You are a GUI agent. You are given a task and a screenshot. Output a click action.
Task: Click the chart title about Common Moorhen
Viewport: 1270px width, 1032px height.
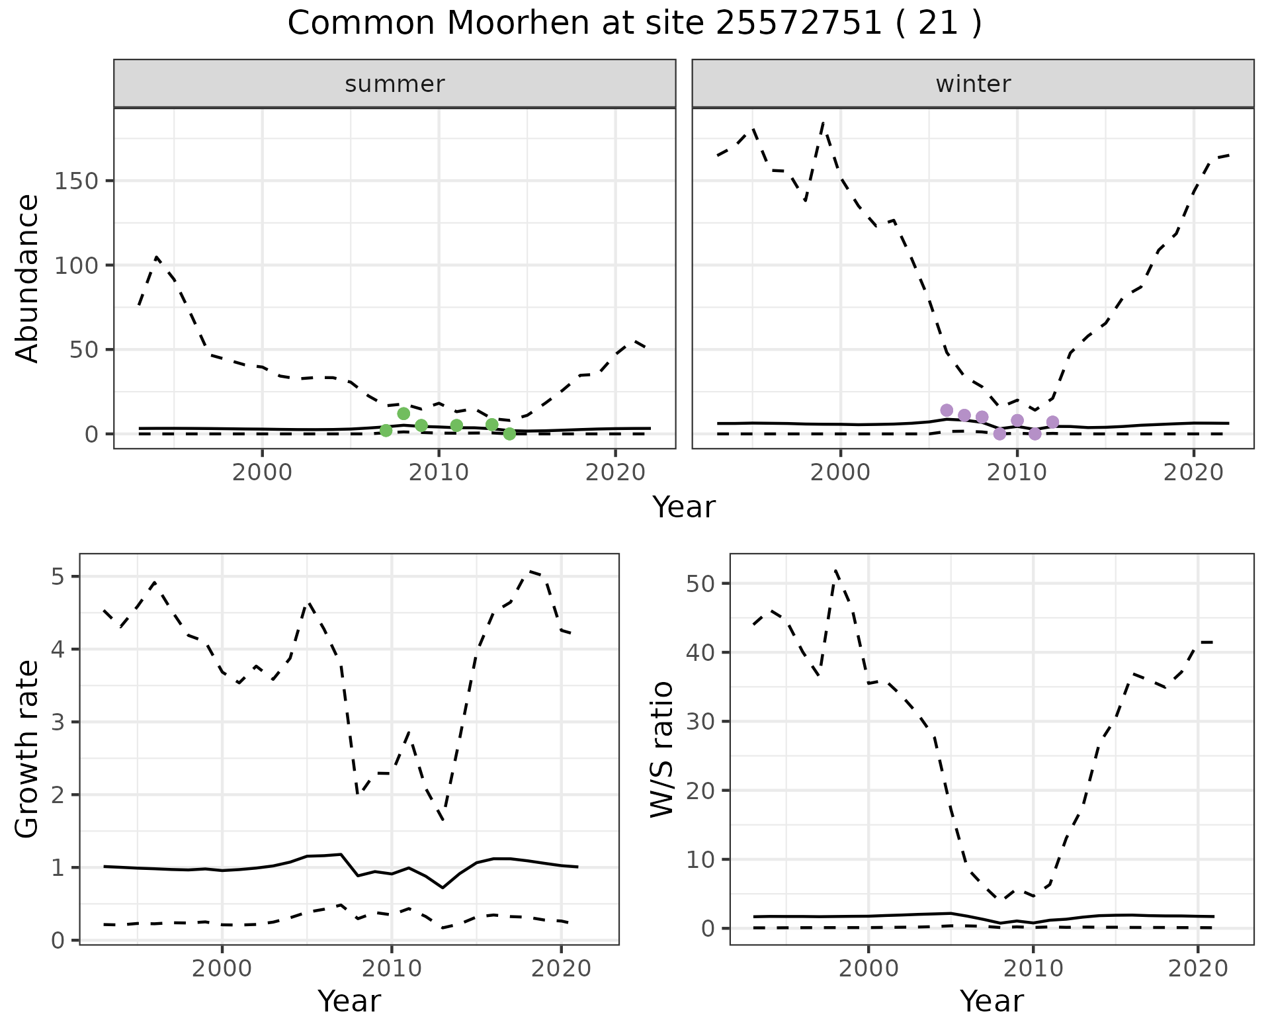634,24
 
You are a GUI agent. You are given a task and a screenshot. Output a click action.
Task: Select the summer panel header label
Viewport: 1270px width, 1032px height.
395,84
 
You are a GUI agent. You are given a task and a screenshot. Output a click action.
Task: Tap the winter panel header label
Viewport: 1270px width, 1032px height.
973,84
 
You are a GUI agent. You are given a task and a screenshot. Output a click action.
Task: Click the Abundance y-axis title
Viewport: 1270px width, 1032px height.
27,278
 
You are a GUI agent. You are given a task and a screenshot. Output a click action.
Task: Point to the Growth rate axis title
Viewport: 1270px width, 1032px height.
27,749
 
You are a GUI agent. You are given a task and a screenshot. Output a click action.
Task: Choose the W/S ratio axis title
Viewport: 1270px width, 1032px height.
661,749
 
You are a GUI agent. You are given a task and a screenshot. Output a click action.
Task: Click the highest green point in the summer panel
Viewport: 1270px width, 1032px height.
403,413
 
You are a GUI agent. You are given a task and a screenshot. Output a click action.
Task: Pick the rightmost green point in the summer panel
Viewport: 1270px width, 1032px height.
509,433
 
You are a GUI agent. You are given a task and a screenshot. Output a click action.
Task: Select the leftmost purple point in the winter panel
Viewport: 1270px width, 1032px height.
947,410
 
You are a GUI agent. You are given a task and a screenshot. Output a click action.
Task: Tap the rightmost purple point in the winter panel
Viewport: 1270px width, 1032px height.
1052,422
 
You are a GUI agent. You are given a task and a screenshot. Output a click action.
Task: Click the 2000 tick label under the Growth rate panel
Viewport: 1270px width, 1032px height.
222,968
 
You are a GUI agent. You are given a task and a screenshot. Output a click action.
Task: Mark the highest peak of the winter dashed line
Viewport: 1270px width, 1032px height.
823,123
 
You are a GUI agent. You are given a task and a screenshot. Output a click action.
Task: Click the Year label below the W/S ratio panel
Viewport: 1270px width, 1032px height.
992,1001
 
